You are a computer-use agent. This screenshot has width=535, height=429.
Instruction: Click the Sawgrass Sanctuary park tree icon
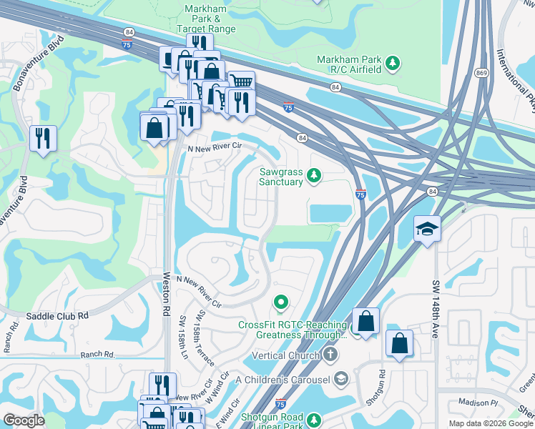313,174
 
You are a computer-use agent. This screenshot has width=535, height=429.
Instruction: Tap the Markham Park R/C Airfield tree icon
393,64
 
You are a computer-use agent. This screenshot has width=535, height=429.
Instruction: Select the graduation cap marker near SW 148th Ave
427,229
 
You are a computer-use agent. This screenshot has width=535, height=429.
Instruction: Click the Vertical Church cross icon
330,355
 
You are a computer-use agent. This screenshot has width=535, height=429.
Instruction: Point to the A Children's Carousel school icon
341,378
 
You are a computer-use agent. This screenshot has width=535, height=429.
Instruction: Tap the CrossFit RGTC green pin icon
281,305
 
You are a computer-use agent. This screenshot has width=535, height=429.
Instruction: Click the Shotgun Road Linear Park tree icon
313,418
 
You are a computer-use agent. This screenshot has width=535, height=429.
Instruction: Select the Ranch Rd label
98,354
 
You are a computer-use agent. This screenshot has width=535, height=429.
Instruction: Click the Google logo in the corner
24,420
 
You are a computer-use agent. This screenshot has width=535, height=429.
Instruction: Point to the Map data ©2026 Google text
489,423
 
